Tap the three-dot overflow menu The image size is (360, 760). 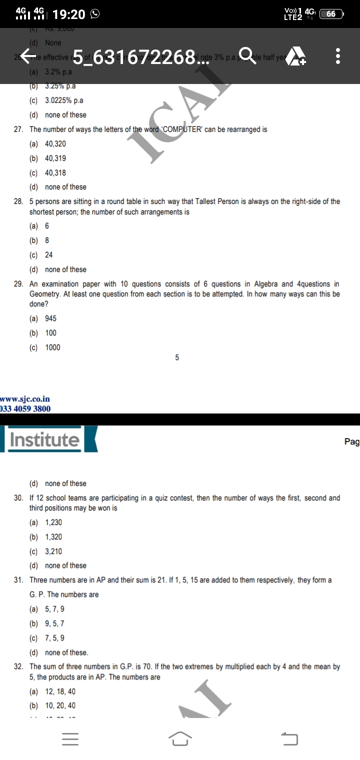(x=338, y=56)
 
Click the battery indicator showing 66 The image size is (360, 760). (x=331, y=14)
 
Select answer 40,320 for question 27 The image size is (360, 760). (x=55, y=144)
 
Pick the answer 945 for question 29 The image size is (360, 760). (x=50, y=318)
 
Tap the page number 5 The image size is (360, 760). (x=177, y=358)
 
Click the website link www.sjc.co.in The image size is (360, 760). (x=25, y=399)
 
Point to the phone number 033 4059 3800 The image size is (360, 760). (x=25, y=408)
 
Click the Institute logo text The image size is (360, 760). (x=44, y=440)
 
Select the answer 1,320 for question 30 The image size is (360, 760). (x=53, y=537)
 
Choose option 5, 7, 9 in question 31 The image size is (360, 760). (x=54, y=609)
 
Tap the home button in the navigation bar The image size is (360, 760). (x=180, y=738)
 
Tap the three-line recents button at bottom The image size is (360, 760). (x=70, y=738)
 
